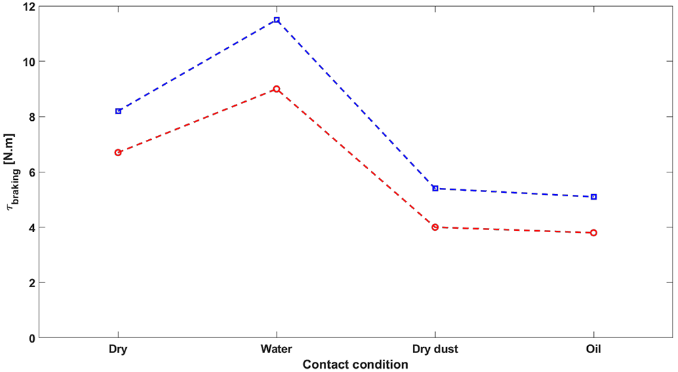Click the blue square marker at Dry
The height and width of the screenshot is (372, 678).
pos(118,111)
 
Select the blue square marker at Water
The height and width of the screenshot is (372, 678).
pos(277,20)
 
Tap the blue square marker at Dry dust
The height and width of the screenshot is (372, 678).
pos(435,188)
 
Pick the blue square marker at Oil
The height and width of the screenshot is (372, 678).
pos(593,197)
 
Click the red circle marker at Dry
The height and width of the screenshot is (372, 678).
pos(118,153)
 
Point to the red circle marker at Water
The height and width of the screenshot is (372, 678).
pos(277,89)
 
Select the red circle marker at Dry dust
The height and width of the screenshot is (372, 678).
pos(435,227)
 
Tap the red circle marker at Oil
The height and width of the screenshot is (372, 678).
pos(593,233)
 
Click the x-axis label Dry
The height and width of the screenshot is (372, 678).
pos(118,350)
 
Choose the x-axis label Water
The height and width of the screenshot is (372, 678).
pos(277,350)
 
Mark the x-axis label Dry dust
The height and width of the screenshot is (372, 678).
pos(435,350)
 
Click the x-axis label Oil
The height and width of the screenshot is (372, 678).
pos(593,350)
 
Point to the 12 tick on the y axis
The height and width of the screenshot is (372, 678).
pos(28,6)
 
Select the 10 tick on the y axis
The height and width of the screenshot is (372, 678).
pos(28,62)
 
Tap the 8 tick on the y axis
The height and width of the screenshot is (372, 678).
pos(31,117)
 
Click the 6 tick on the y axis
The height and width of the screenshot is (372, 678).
pos(31,172)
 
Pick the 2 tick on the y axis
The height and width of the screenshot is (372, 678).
pos(31,283)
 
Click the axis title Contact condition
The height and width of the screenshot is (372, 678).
pos(355,365)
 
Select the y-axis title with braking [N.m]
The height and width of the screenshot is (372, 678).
pos(12,172)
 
